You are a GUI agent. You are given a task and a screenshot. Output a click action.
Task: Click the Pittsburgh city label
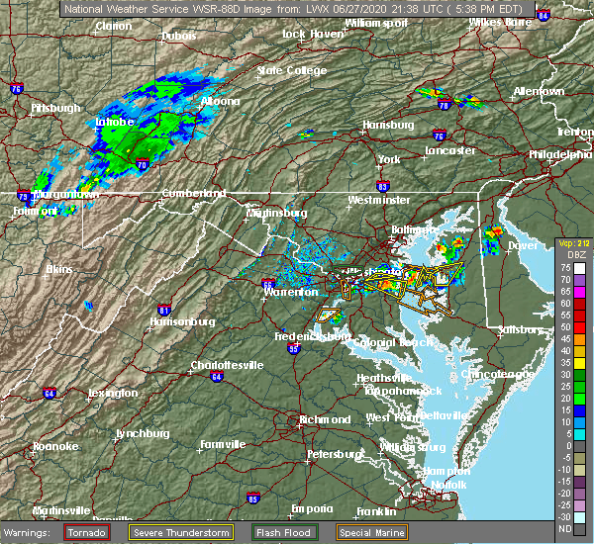click(x=56, y=107)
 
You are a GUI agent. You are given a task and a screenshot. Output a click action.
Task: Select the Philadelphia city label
click(x=559, y=154)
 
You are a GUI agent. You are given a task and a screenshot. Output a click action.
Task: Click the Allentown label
click(x=540, y=91)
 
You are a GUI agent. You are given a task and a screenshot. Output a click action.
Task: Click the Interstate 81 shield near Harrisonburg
click(x=165, y=311)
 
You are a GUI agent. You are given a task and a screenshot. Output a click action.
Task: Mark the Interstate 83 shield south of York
click(x=382, y=185)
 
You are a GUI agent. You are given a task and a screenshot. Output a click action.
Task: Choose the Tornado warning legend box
click(x=87, y=531)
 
